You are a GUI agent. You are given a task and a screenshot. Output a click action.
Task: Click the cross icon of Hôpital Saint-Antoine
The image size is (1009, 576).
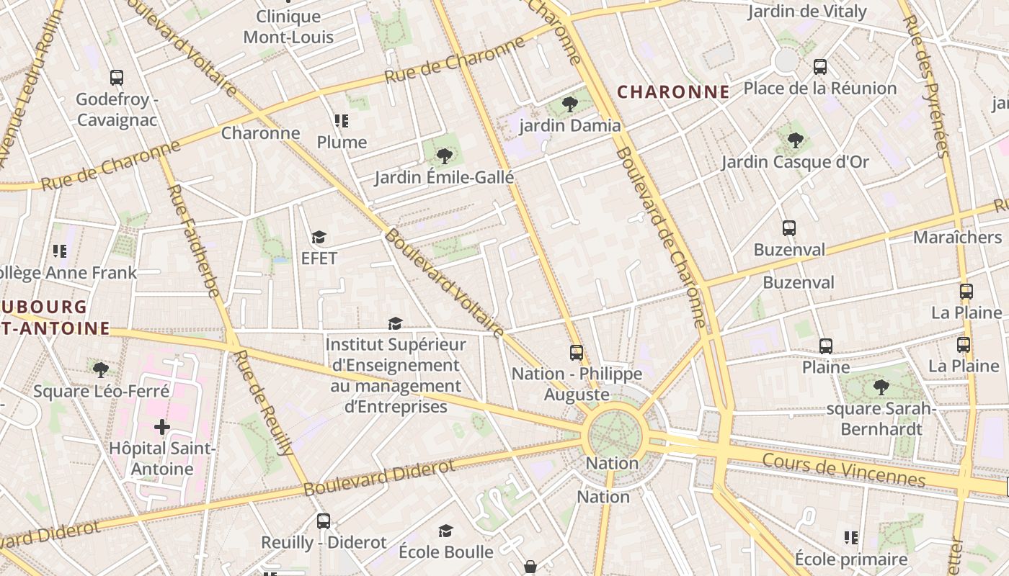pyautogui.click(x=162, y=427)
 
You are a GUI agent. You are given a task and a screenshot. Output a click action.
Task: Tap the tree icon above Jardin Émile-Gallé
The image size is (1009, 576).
pyautogui.click(x=445, y=156)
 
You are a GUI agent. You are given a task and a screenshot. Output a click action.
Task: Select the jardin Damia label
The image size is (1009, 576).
pyautogui.click(x=570, y=126)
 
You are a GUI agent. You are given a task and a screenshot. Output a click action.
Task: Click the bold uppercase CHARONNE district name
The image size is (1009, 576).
pyautogui.click(x=674, y=92)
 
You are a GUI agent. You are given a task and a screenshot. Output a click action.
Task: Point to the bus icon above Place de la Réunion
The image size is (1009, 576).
pyautogui.click(x=820, y=67)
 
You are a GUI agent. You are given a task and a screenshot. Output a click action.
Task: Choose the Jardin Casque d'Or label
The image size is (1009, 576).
pyautogui.click(x=796, y=162)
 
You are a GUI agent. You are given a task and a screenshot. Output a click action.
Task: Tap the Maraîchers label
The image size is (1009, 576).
pyautogui.click(x=957, y=238)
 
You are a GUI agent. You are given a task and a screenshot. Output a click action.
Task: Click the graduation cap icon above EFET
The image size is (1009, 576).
pyautogui.click(x=319, y=237)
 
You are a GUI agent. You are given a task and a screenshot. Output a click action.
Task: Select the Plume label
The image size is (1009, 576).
pyautogui.click(x=342, y=143)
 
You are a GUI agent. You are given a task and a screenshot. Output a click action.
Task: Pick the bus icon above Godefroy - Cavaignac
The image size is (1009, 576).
pyautogui.click(x=117, y=78)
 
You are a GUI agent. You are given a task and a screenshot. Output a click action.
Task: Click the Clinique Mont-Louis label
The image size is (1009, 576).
pyautogui.click(x=288, y=27)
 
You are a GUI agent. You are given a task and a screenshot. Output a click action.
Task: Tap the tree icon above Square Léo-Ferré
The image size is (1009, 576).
pyautogui.click(x=101, y=370)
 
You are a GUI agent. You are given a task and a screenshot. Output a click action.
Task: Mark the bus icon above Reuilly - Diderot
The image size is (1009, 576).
pyautogui.click(x=324, y=521)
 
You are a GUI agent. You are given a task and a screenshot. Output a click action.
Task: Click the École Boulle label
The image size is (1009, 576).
pyautogui.click(x=446, y=552)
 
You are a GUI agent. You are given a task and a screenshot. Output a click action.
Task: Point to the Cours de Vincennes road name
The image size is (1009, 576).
pyautogui.click(x=843, y=469)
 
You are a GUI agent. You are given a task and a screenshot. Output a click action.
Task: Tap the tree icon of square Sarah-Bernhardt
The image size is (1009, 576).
pyautogui.click(x=881, y=387)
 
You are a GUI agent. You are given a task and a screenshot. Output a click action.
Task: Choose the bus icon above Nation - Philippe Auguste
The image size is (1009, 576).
pyautogui.click(x=577, y=352)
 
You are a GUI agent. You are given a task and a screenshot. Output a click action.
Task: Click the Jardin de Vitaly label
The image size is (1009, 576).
pyautogui.click(x=806, y=12)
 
